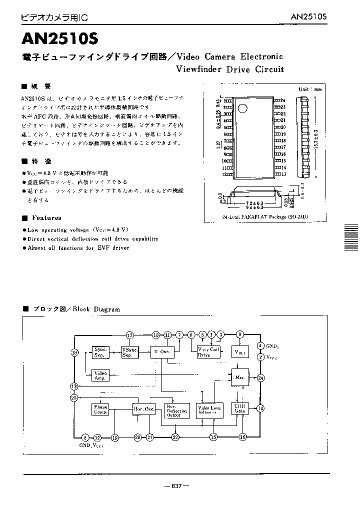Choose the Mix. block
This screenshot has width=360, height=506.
tap(239, 377)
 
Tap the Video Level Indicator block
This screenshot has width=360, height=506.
tap(209, 410)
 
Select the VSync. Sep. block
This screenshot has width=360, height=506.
tap(130, 352)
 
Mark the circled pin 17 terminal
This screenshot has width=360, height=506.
tap(130, 335)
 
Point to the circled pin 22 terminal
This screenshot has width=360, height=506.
tap(175, 437)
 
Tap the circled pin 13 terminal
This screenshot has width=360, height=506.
tap(74, 386)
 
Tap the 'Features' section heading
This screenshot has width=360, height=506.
tap(46, 218)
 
